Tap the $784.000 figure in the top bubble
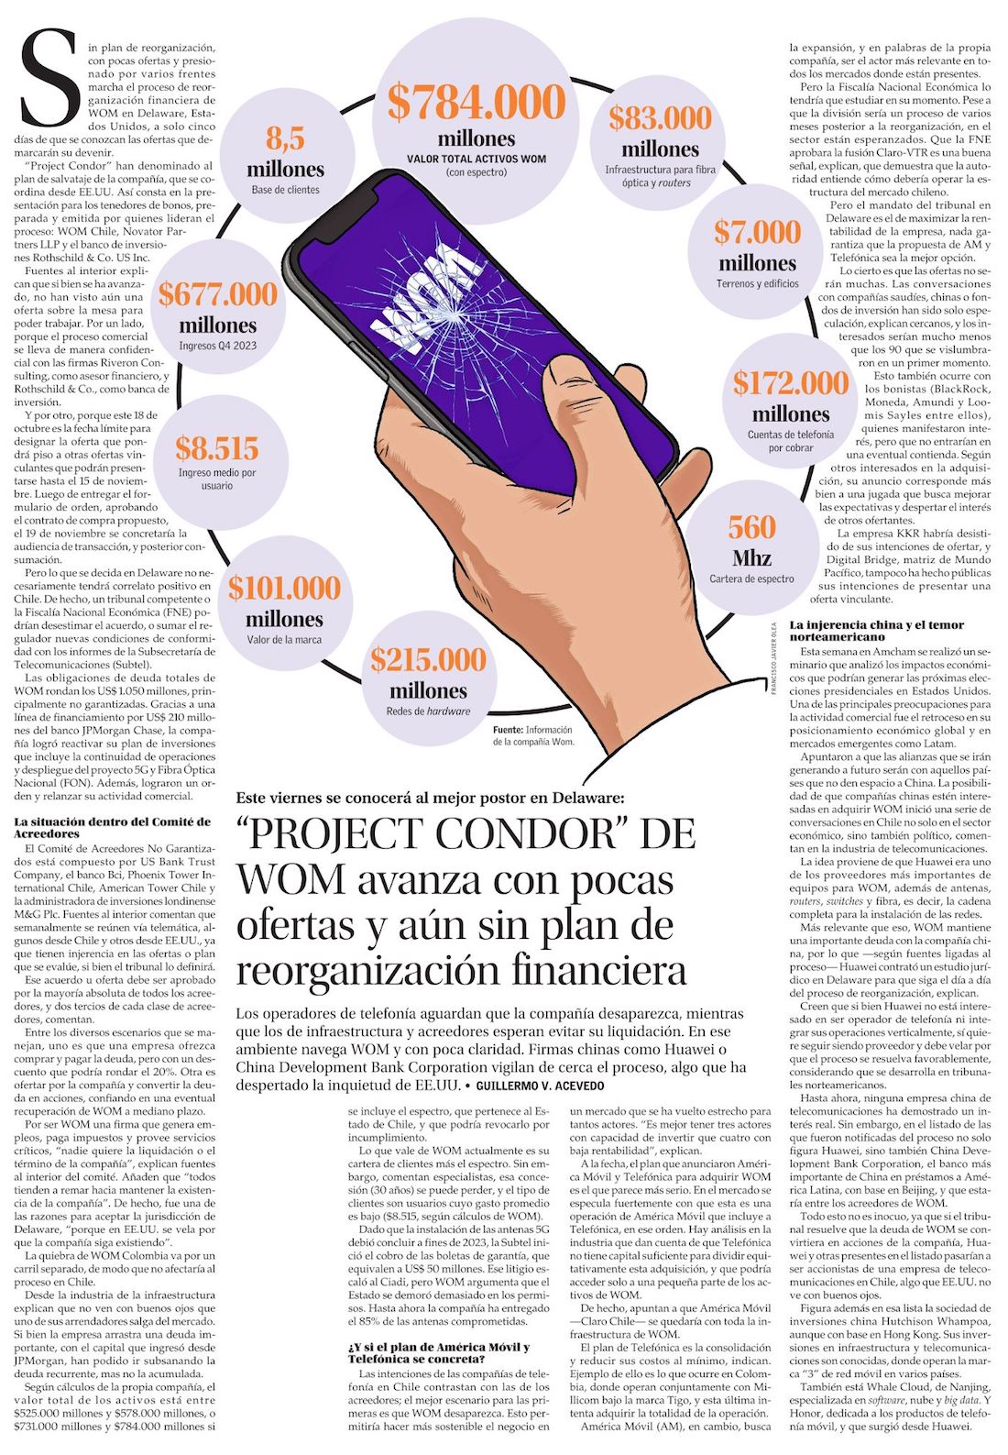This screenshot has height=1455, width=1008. coord(477,102)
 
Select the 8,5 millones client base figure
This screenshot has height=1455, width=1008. coord(285,139)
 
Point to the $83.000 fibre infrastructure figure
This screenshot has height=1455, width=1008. coord(660,118)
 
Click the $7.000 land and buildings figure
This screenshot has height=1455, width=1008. coord(757,232)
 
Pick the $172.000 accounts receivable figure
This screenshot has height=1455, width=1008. coord(790,382)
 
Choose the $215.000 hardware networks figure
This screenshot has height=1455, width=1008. coord(428,659)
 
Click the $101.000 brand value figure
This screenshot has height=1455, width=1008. coord(284,588)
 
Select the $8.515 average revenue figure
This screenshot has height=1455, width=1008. coord(217,448)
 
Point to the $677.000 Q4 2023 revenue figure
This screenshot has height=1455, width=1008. coord(217,294)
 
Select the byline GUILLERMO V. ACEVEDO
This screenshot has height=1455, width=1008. coord(540,1086)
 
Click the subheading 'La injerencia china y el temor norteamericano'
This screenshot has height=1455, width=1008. coord(877,630)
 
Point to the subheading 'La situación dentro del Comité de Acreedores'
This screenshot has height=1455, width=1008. coord(112,828)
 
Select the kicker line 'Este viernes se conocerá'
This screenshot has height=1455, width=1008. coord(430,797)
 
